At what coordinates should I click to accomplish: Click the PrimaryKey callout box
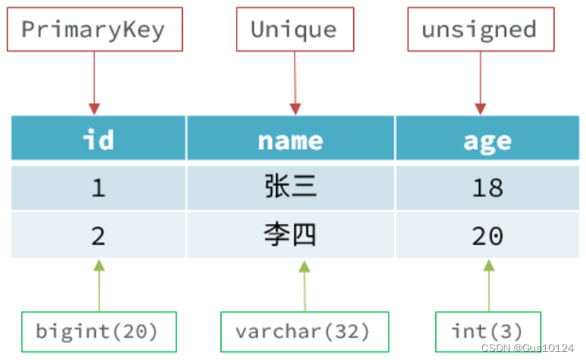(93, 30)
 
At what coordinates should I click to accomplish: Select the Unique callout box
(294, 30)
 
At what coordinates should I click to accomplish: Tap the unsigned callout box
(479, 30)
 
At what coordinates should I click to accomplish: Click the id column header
(98, 139)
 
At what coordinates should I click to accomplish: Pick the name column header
(291, 139)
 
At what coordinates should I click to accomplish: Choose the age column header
(487, 139)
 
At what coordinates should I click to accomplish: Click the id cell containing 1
(98, 188)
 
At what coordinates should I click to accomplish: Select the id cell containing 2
(98, 235)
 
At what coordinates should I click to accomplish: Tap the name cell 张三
(291, 188)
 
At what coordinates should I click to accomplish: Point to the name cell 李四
(291, 235)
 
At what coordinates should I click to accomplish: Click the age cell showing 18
(487, 188)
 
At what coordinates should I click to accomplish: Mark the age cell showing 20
(487, 235)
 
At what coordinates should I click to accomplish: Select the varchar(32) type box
(303, 331)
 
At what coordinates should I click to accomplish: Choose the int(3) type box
(488, 331)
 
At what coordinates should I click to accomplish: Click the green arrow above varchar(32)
(304, 286)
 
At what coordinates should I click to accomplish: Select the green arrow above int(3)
(489, 286)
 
